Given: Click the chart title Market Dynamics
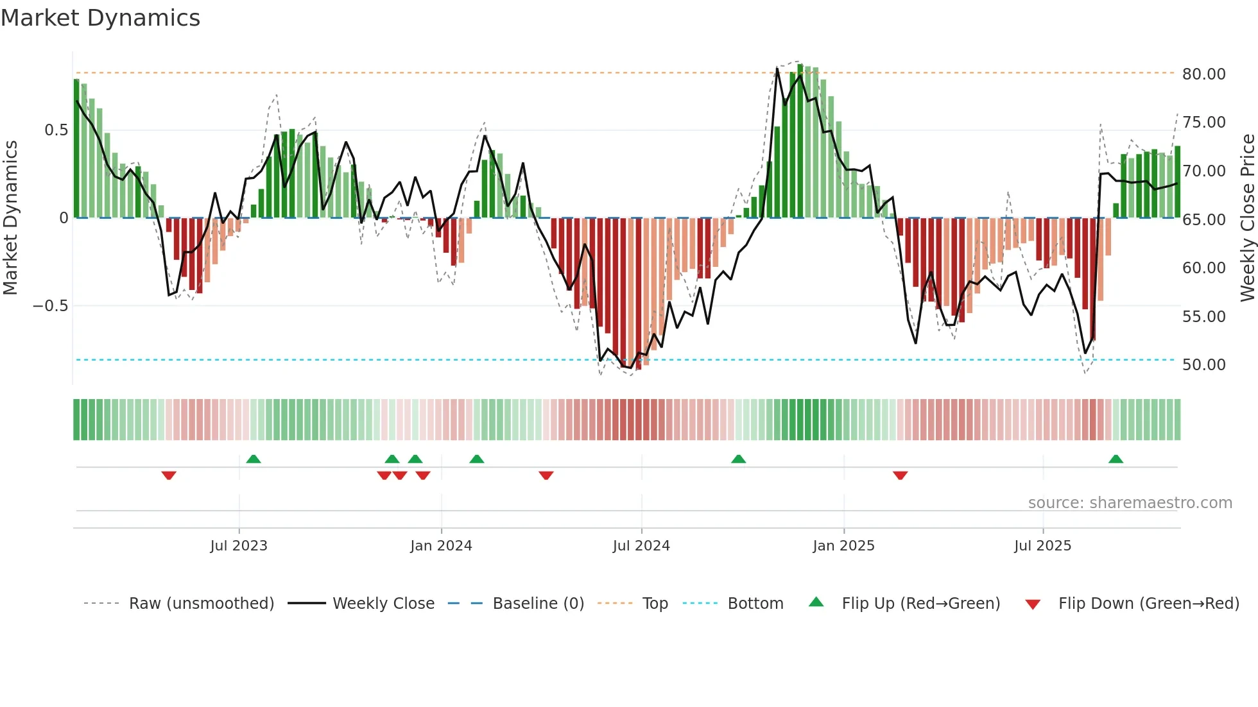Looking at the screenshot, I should point(100,18).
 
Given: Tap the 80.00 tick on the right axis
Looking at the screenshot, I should point(1203,74).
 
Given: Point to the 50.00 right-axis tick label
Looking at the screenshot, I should point(1203,364).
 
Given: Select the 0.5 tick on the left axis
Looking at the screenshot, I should point(56,130).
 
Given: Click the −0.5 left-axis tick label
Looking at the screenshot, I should point(51,306).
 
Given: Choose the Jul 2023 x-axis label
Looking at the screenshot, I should point(238,546).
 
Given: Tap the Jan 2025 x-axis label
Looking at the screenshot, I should point(843,546).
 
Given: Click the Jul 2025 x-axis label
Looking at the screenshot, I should point(1042,546).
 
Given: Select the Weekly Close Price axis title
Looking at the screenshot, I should point(1247,218).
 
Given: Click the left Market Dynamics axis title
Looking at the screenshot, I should point(10,218).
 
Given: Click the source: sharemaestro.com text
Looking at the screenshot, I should point(1130,503).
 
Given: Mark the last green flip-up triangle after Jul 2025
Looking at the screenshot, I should point(1116,459).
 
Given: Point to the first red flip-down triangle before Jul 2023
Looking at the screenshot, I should point(169,475).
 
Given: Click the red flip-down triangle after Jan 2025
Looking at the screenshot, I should point(900,475).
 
